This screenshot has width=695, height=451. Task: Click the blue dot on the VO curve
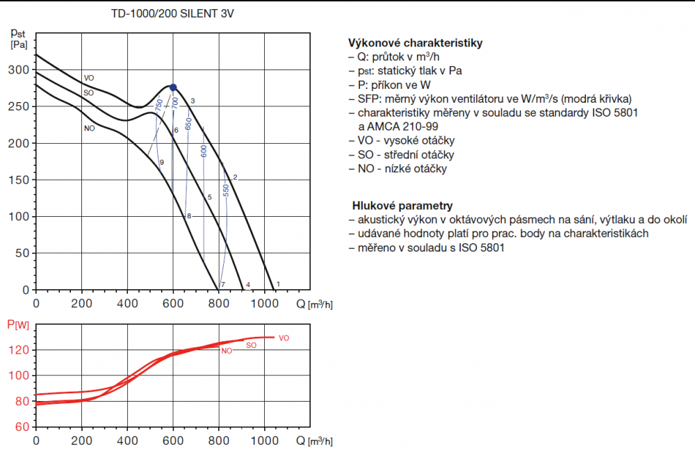pyautogui.click(x=173, y=88)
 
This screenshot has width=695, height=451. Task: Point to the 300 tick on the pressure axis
pyautogui.click(x=21, y=70)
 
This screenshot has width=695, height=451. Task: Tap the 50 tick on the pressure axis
pyautogui.click(x=24, y=254)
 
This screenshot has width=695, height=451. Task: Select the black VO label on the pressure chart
pyautogui.click(x=88, y=78)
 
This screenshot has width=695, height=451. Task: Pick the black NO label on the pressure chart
pyautogui.click(x=88, y=128)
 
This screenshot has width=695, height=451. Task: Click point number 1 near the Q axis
pyautogui.click(x=278, y=284)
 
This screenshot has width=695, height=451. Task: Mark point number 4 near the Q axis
pyautogui.click(x=248, y=284)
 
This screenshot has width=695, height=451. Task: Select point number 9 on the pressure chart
pyautogui.click(x=161, y=162)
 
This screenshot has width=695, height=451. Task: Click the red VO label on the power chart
pyautogui.click(x=284, y=338)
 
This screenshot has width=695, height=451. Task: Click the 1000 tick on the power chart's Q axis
pyautogui.click(x=264, y=441)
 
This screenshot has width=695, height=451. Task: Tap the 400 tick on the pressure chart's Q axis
pyautogui.click(x=127, y=303)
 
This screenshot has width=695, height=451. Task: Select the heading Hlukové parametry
pyautogui.click(x=402, y=206)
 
